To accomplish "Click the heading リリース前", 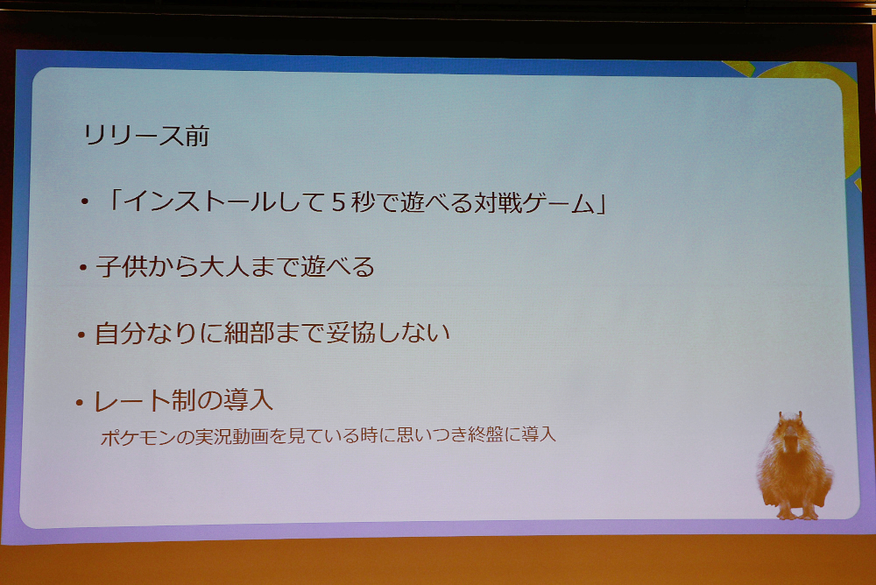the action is tap(146, 137).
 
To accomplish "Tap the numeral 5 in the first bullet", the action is tap(337, 202).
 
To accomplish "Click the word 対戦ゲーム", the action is tap(534, 202).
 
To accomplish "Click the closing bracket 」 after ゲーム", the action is tap(601, 205).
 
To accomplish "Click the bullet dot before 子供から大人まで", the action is tap(83, 268).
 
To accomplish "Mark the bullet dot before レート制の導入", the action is tap(80, 402).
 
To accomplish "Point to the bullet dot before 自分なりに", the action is tap(81, 335).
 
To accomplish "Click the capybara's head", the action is tap(788, 431).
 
